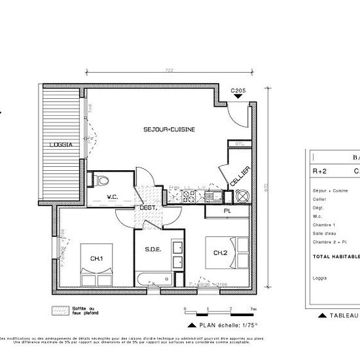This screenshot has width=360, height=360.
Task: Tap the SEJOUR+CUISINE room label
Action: click(169, 130)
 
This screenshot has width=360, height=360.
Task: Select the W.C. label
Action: click(112, 196)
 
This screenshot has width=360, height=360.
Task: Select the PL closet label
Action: click(226, 211)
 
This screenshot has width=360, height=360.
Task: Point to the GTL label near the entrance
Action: click(240, 144)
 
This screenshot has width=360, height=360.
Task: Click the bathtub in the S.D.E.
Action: click(155, 278)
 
